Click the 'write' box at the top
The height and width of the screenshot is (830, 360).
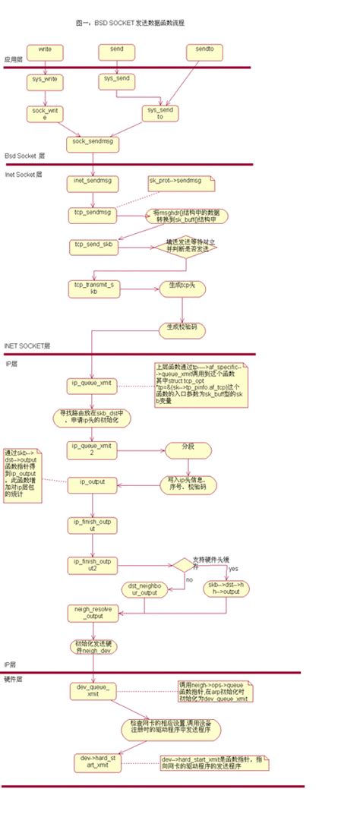(x=45, y=51)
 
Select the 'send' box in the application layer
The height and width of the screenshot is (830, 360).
(x=116, y=51)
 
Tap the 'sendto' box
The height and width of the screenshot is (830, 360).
(x=204, y=51)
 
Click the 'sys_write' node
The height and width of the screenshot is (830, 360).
(x=45, y=79)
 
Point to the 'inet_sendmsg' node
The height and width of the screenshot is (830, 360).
(x=91, y=181)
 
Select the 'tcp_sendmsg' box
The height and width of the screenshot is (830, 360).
(x=91, y=213)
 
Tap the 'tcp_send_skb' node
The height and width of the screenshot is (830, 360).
(x=91, y=245)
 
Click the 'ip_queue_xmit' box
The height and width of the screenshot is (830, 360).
(x=91, y=383)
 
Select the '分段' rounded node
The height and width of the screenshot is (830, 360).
(x=180, y=448)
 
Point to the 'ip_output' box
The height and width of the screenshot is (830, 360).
(x=91, y=482)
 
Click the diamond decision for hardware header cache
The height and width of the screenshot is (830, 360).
(x=183, y=564)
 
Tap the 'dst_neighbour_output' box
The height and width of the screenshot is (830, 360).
(x=144, y=590)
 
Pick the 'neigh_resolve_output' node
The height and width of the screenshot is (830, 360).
(x=93, y=614)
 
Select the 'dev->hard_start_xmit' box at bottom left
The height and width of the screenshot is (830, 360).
(x=99, y=762)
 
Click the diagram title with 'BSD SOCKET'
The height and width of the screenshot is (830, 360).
(x=130, y=24)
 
